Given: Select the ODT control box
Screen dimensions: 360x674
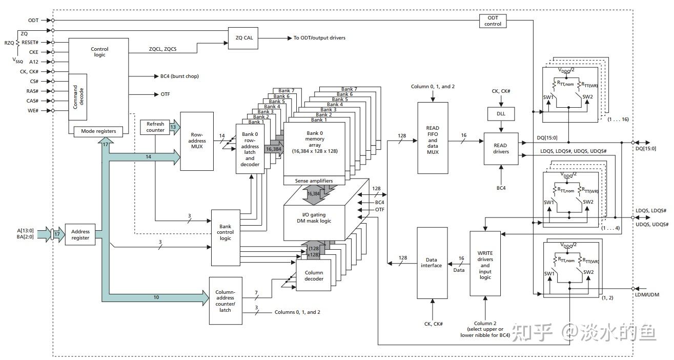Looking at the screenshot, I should (x=493, y=21).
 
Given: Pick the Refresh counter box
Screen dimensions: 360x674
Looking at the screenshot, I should (x=155, y=127).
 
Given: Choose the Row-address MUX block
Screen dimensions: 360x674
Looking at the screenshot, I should (x=197, y=141).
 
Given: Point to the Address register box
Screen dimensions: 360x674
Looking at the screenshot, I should (x=80, y=235).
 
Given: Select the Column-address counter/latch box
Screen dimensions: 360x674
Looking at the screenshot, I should (x=226, y=301).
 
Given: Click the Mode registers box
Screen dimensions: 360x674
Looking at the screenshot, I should (x=98, y=131).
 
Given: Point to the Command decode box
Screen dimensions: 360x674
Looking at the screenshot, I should (x=77, y=96).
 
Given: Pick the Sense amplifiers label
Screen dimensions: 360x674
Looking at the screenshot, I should (x=314, y=181).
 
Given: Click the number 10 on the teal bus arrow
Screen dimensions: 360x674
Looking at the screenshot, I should (x=156, y=297).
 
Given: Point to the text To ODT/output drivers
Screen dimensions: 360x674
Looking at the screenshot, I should (x=319, y=38).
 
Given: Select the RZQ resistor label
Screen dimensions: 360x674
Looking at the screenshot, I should (x=9, y=43).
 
